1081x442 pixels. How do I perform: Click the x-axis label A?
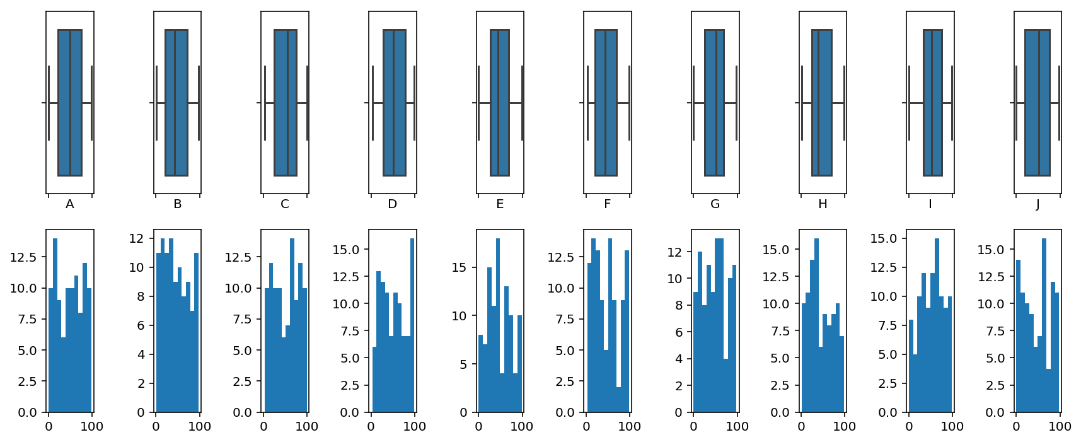tap(70, 204)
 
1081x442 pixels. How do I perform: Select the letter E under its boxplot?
tap(500, 204)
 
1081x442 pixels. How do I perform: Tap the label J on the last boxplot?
tap(1038, 204)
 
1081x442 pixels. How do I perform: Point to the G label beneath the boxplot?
tap(715, 204)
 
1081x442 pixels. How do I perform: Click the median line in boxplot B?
tap(175, 103)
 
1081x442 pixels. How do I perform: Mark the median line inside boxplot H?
tap(818, 103)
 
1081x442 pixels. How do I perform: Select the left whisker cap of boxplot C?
tap(265, 103)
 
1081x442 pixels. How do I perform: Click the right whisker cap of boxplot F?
tap(629, 103)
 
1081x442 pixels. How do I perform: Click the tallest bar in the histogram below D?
tap(412, 325)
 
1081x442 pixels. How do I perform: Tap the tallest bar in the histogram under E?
tap(498, 325)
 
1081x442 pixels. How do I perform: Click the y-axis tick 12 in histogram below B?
tap(137, 238)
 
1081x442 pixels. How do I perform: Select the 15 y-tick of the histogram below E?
tap(460, 267)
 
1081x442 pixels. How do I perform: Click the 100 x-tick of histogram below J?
tap(1060, 426)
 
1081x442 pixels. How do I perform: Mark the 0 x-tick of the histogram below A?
tap(49, 426)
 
